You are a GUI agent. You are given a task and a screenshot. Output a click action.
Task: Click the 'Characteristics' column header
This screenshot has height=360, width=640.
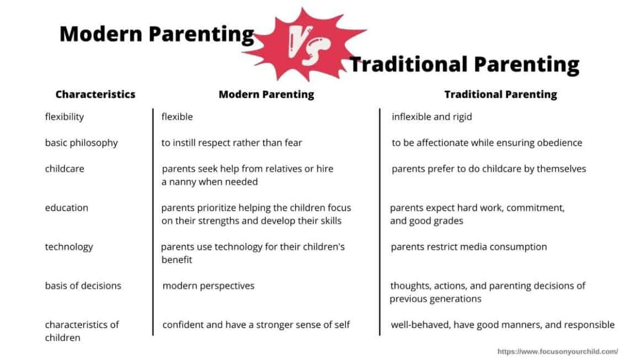[95, 94]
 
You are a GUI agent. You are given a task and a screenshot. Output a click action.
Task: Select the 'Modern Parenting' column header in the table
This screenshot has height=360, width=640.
[266, 94]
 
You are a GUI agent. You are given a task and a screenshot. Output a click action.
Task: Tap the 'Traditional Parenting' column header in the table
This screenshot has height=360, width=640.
[500, 94]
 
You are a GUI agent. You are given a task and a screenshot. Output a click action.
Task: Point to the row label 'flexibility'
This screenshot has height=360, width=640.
[64, 117]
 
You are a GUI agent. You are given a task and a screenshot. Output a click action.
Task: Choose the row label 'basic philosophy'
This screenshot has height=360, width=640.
[81, 143]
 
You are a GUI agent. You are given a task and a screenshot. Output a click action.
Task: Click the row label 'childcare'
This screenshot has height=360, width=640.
[65, 169]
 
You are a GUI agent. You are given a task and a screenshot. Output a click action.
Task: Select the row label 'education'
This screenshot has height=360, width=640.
[66, 208]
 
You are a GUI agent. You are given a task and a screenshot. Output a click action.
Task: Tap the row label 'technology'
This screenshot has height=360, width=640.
[69, 246]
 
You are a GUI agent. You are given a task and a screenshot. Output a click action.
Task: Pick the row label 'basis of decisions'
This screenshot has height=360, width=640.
[83, 286]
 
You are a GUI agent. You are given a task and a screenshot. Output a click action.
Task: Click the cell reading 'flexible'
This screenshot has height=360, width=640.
[177, 117]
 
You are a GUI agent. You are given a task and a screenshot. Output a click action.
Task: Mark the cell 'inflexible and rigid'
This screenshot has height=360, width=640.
[431, 117]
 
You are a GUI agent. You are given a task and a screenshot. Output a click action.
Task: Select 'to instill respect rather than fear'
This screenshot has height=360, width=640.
[232, 143]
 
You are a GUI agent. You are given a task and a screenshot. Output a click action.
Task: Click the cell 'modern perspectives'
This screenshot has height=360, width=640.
[208, 286]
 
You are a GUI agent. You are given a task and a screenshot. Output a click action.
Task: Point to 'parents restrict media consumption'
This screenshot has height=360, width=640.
[468, 246]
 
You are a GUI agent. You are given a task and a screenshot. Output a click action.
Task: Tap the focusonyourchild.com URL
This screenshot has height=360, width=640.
[557, 351]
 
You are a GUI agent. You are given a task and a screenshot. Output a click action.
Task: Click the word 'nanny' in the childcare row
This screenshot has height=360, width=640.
[184, 182]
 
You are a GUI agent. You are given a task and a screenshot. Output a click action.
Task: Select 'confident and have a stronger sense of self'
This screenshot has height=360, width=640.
[256, 325]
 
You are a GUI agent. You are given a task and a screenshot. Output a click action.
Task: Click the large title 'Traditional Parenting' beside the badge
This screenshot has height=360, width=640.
[464, 65]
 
